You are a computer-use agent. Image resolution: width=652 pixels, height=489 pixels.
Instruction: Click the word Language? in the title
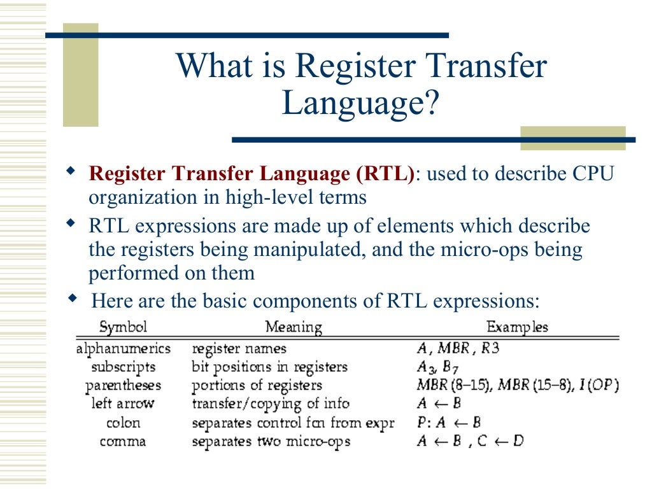[x=361, y=104]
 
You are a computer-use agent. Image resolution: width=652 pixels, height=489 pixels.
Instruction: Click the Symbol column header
[x=123, y=327]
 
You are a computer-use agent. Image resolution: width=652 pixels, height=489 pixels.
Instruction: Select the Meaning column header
[x=294, y=327]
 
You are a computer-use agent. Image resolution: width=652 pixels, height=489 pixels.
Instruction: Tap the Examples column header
[x=517, y=327]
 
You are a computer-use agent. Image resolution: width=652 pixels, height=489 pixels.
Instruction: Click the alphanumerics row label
[x=124, y=349]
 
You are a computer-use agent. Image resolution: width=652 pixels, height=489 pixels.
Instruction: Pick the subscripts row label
[x=124, y=367]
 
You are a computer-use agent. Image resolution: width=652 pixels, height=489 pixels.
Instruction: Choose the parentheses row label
[x=124, y=386]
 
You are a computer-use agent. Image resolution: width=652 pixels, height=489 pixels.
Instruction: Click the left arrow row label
[x=123, y=404]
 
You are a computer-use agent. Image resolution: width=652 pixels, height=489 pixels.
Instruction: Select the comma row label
[x=124, y=441]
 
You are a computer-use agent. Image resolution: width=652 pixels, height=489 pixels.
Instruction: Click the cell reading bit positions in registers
[x=270, y=367]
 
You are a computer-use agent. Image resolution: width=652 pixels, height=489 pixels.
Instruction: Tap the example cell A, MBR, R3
[x=454, y=349]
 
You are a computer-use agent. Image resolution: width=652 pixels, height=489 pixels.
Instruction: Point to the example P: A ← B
[x=448, y=423]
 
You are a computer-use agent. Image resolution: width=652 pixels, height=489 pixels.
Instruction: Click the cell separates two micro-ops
[x=271, y=441]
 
